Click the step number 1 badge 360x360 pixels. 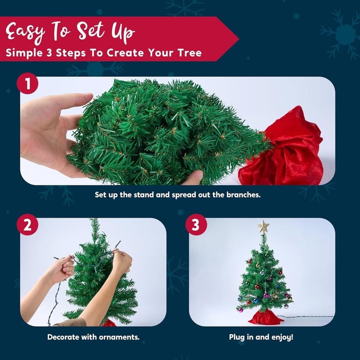[x=27, y=83]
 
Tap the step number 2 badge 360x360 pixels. [x=27, y=225]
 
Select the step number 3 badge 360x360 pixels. [x=196, y=225]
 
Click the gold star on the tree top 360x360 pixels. [x=263, y=227]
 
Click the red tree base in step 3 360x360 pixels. [x=265, y=318]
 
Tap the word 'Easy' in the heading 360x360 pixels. [x=25, y=32]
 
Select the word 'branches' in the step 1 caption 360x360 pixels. [x=243, y=195]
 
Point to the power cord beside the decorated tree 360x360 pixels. [x=306, y=317]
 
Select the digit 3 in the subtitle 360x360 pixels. [x=49, y=53]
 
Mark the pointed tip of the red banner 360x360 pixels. [x=238, y=39]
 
